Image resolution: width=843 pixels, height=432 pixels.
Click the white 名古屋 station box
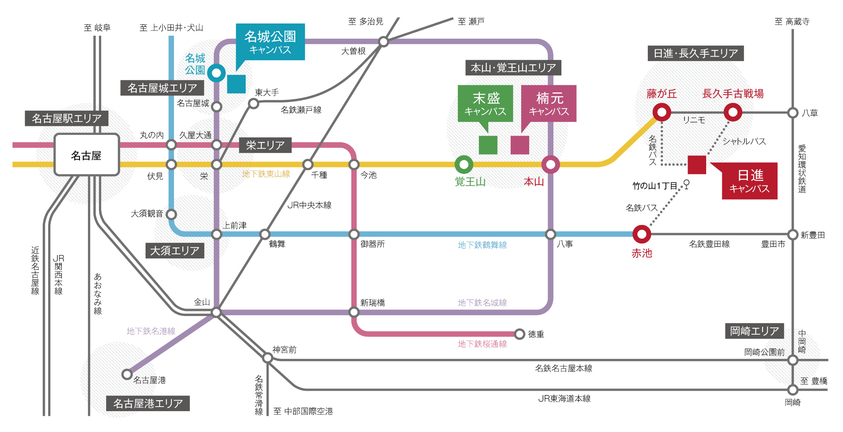coord(87,155)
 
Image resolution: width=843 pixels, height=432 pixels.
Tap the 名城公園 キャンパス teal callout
coord(270,42)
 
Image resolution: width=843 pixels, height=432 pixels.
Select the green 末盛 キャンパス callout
coord(485,103)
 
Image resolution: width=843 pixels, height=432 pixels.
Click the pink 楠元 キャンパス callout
coord(549,103)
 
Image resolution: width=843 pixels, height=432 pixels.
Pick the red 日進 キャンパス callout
coord(749,181)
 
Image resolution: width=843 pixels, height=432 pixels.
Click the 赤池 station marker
coord(642,235)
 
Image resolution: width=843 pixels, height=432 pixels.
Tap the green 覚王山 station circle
coord(464,164)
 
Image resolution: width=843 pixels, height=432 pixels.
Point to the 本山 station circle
coord(550,164)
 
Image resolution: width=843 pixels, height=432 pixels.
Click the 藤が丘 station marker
coord(662,112)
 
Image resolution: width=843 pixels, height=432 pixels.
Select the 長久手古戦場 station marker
coord(733,112)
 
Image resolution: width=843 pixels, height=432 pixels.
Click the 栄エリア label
coord(265,145)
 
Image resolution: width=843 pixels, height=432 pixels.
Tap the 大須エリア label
coord(175,250)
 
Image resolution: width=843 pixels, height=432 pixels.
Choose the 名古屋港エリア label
coord(148,403)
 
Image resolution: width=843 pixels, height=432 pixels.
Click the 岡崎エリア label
coord(754,331)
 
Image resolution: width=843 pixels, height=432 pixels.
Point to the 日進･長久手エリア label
coord(696,53)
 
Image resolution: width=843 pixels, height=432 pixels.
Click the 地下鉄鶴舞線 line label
coord(482,245)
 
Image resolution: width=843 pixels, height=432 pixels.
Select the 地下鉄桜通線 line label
coord(482,344)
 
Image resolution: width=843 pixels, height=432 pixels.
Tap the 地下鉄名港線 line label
coord(151,331)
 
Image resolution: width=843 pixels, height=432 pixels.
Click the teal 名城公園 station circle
coord(216,73)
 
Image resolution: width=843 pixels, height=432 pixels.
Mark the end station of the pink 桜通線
coord(520,334)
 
